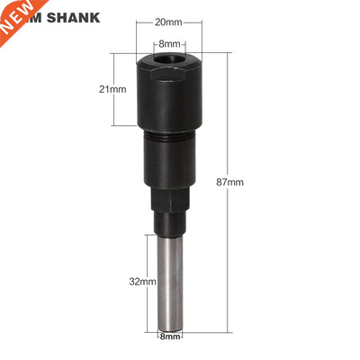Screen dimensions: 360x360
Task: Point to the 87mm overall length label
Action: click(230, 182)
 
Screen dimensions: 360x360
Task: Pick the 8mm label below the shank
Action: click(169, 337)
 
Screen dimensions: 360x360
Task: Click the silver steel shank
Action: click(169, 279)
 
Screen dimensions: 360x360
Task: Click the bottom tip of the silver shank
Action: click(169, 327)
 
